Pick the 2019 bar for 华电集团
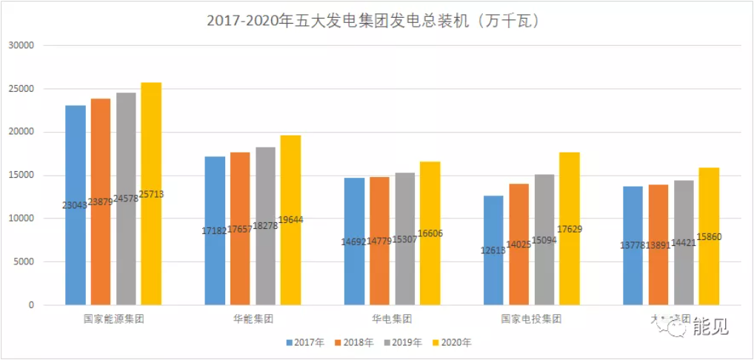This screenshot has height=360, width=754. [x=404, y=207]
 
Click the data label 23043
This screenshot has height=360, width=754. [x=75, y=205]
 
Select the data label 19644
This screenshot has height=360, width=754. [x=291, y=220]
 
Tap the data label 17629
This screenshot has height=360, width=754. [x=570, y=229]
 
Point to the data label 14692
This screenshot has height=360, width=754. [x=354, y=241]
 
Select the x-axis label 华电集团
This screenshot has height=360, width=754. [x=392, y=319]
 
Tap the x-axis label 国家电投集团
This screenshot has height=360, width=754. [x=531, y=319]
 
